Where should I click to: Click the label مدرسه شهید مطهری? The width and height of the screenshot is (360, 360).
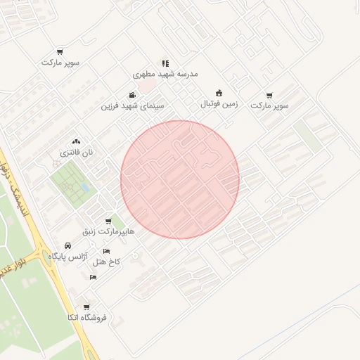point(166,74)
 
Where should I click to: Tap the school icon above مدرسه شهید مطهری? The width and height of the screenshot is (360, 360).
point(165,63)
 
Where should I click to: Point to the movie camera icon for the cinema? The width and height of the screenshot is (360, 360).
point(132,96)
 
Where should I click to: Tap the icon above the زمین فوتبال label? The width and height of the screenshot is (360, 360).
point(219,93)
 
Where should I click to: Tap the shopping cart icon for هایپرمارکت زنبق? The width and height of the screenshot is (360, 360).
point(108,221)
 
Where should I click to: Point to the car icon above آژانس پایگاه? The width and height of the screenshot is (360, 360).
point(67,246)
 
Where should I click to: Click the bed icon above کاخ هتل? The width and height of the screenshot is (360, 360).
point(107,252)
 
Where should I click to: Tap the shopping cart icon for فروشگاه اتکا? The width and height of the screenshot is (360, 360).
point(86,307)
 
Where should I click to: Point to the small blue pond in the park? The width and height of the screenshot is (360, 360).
point(84,188)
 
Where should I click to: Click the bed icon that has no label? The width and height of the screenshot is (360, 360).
point(94,278)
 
